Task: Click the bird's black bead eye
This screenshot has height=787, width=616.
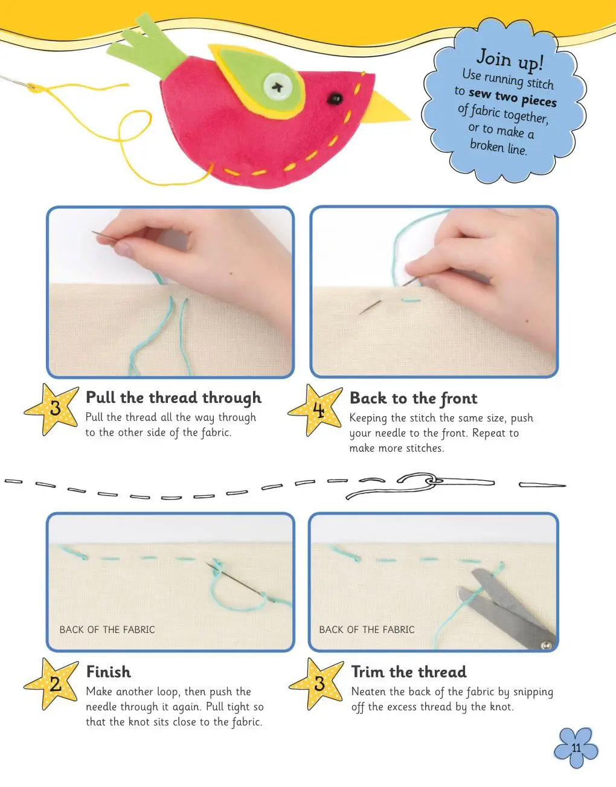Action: (335, 98)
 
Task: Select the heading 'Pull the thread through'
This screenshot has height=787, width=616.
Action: (173, 397)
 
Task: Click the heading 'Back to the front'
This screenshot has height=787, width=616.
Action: (413, 399)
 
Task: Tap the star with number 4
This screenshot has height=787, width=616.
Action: (316, 410)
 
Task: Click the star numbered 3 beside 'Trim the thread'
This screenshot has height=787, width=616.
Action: (317, 684)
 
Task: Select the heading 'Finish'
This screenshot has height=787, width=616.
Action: (108, 672)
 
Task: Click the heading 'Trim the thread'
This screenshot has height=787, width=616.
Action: (409, 672)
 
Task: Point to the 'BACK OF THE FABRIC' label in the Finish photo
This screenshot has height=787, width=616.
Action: (107, 630)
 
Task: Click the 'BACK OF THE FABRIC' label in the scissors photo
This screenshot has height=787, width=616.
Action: (367, 630)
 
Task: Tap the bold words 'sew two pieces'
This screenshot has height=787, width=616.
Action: (513, 98)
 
